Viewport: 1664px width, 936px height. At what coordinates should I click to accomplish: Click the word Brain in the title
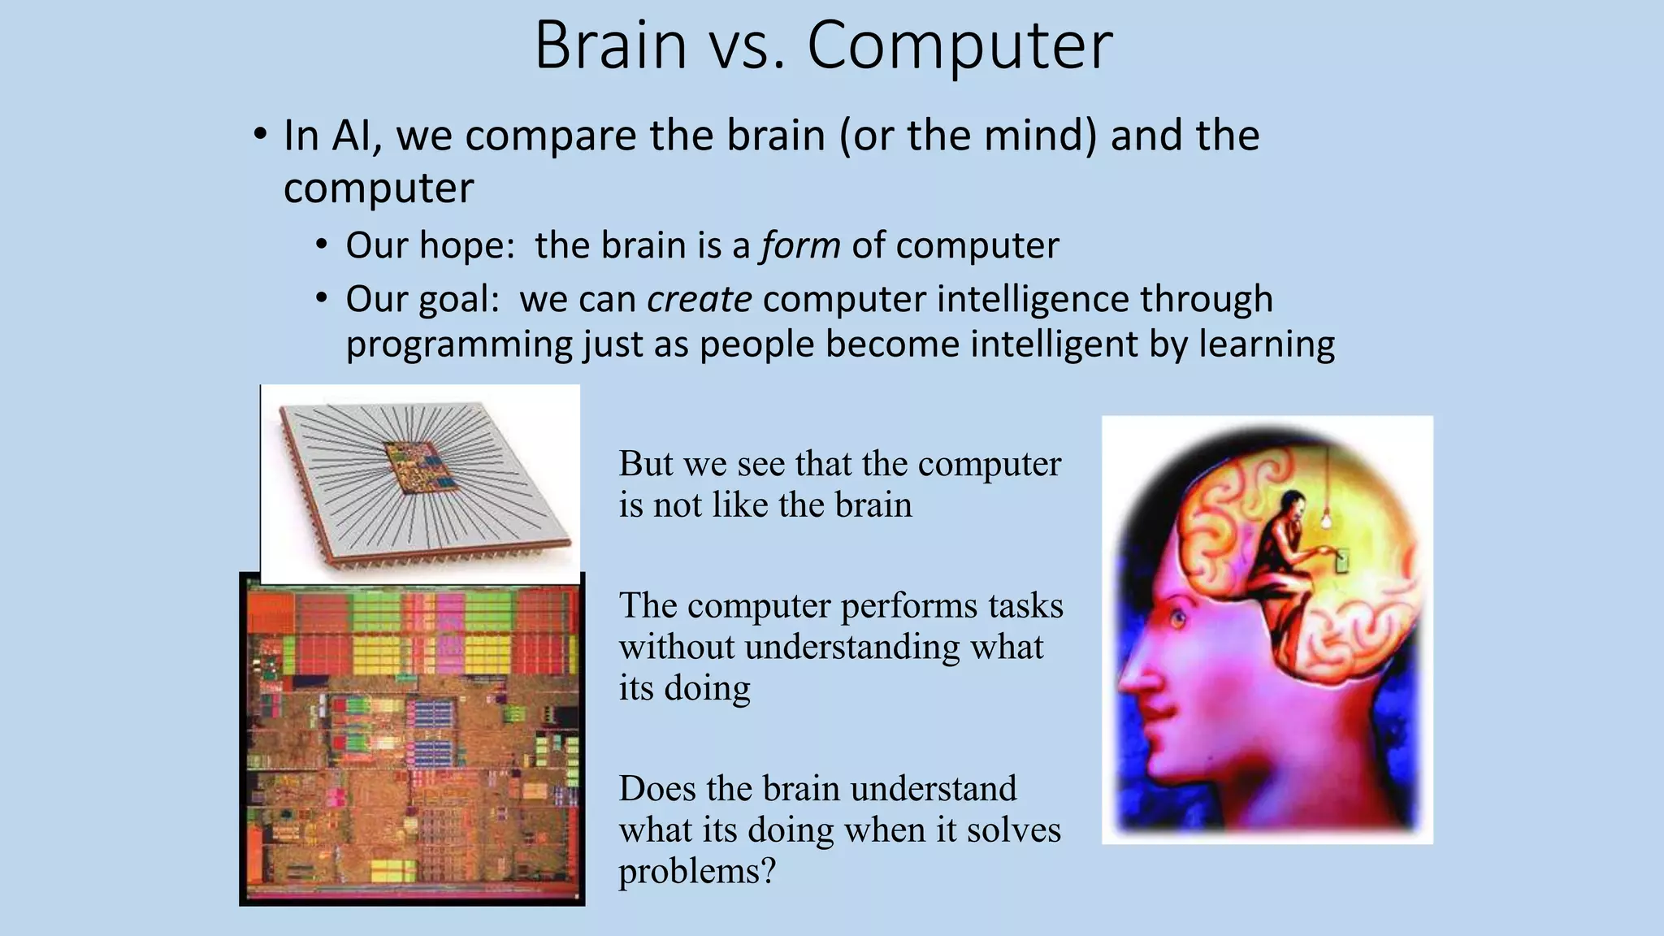610,45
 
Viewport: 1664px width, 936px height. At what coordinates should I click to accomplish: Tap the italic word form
800,245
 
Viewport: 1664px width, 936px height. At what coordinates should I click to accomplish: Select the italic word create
699,299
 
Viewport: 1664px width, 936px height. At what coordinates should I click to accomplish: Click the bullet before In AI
259,134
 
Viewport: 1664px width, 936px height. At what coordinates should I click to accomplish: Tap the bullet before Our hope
323,245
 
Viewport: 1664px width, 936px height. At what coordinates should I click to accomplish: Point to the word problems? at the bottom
697,871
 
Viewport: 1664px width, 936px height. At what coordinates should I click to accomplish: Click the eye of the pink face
1177,620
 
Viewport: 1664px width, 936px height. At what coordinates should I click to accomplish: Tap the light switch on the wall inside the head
1341,561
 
